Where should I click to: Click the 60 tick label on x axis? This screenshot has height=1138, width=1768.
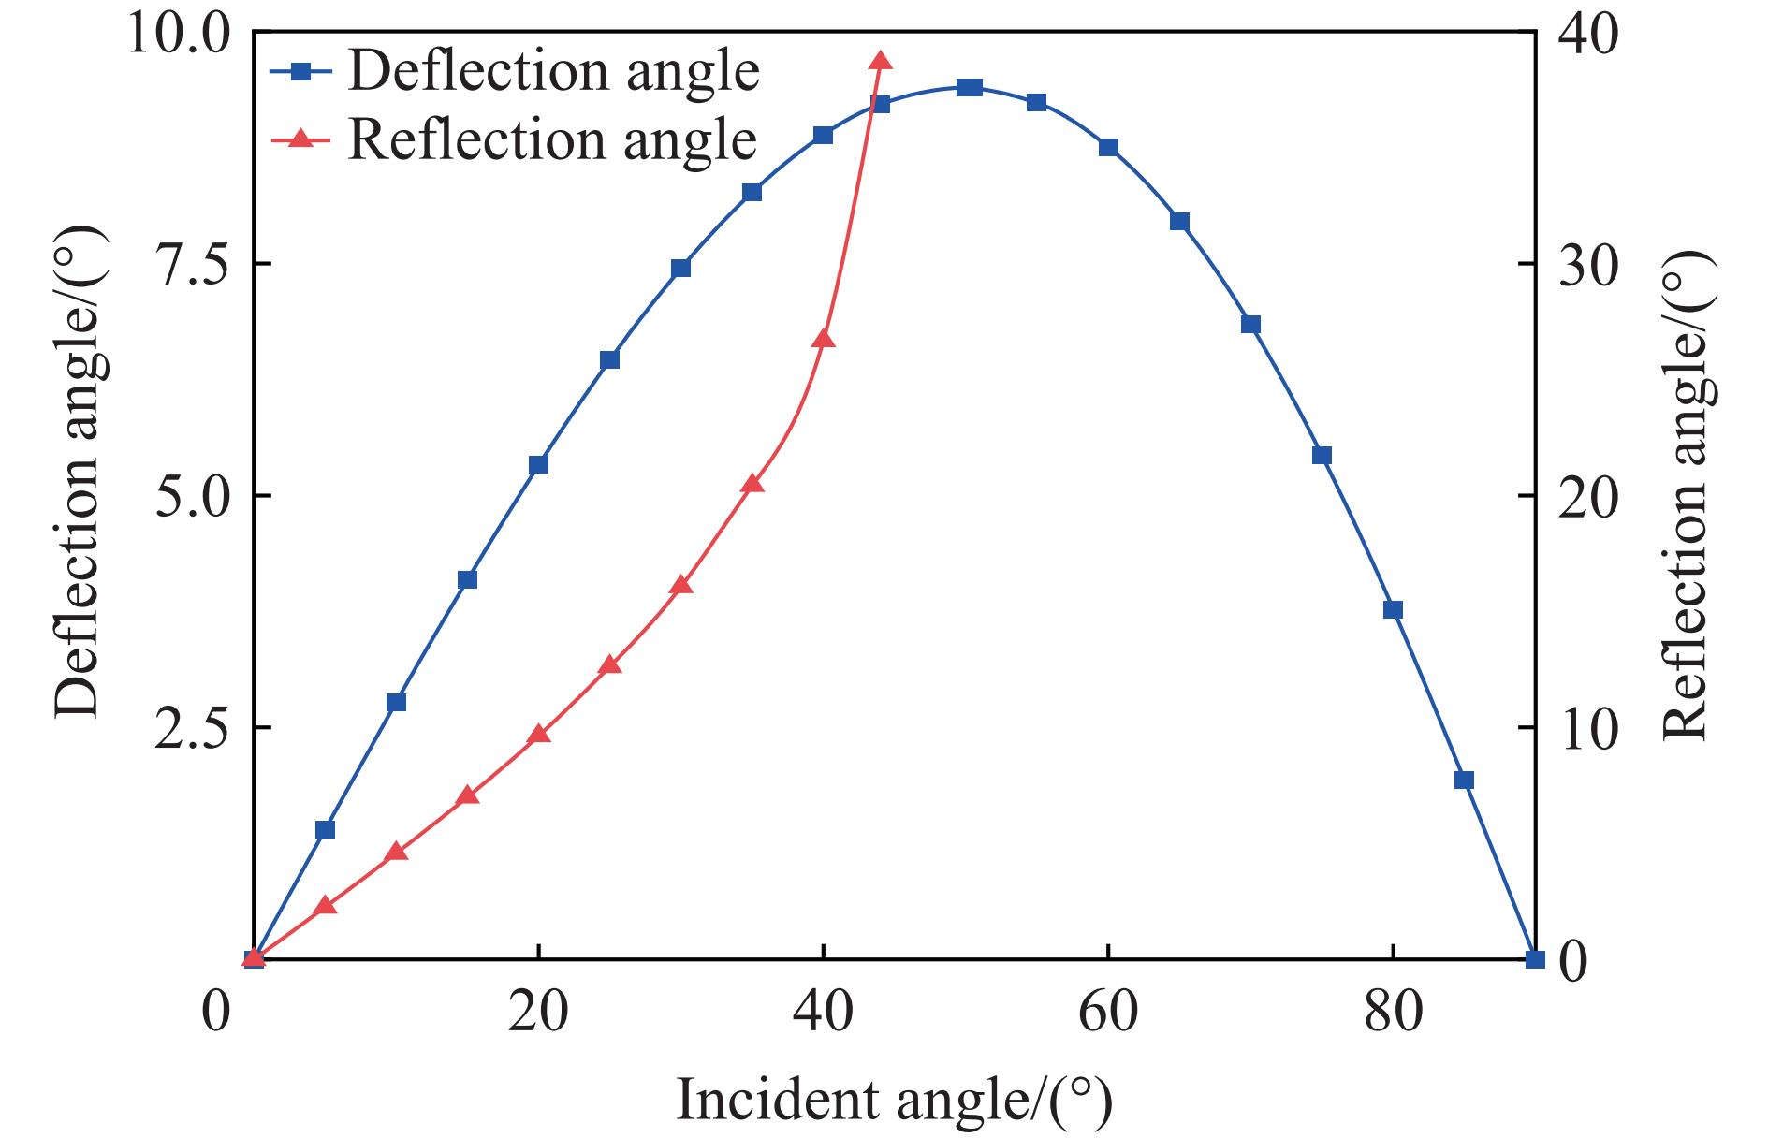tap(1108, 1014)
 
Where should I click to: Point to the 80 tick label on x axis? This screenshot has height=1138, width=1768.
tap(1393, 1014)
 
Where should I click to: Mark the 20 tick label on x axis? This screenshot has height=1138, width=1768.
tap(538, 1014)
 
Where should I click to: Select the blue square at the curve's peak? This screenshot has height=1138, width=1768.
tap(970, 88)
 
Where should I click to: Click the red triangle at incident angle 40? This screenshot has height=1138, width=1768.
tap(823, 339)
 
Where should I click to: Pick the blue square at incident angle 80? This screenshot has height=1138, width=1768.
tap(1393, 610)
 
